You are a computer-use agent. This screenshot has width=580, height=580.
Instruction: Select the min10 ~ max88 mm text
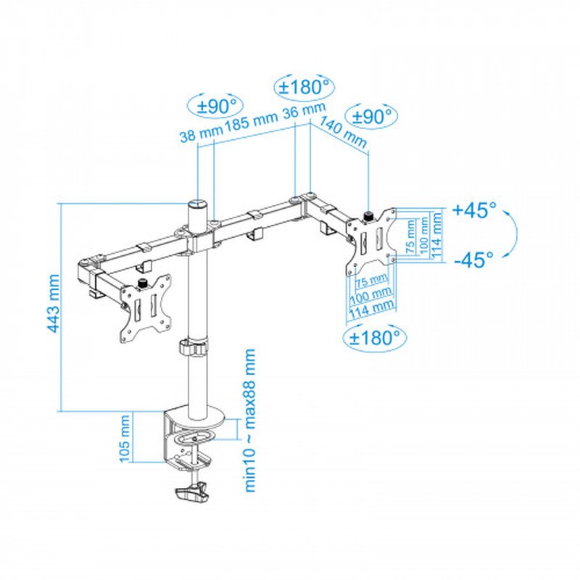250,420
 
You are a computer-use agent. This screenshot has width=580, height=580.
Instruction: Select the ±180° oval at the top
305,88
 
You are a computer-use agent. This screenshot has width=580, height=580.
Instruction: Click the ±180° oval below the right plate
374,337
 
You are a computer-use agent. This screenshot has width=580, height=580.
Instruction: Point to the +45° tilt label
474,211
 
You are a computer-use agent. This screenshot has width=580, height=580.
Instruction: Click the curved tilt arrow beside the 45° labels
511,233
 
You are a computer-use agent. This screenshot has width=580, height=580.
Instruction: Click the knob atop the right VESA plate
368,215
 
